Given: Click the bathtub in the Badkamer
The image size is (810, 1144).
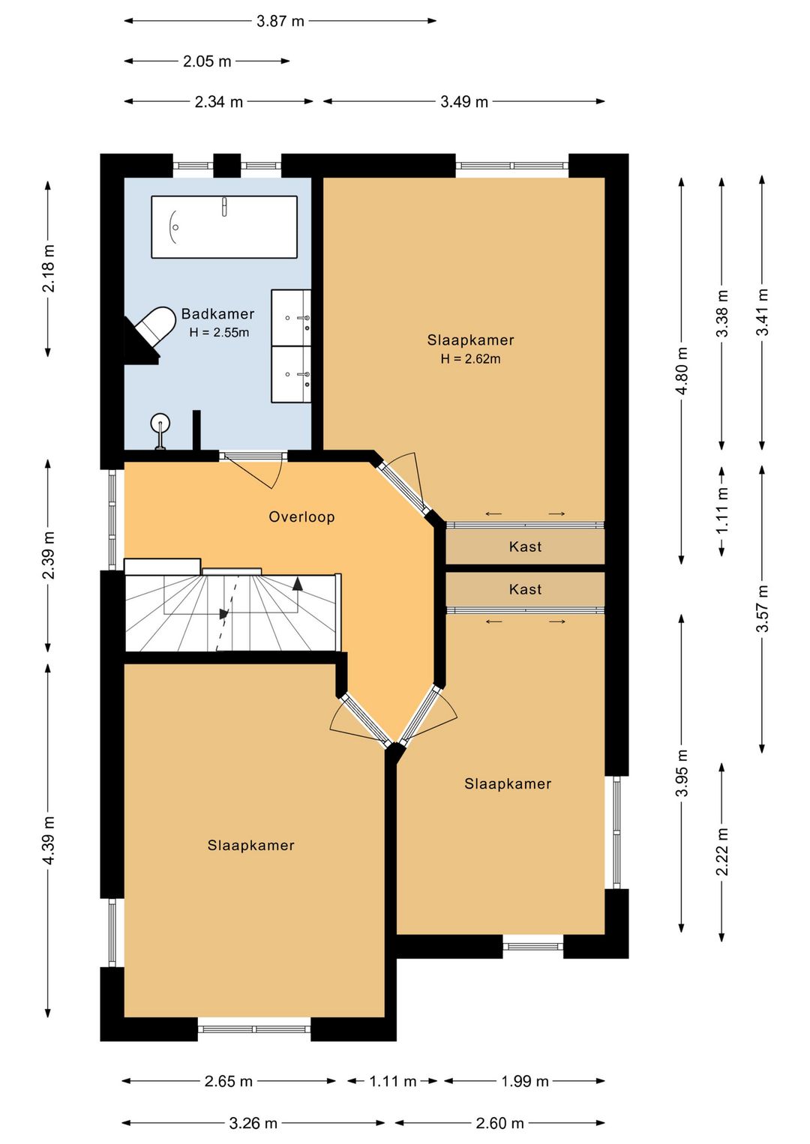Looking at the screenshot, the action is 223,226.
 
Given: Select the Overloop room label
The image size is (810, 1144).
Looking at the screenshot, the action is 302,517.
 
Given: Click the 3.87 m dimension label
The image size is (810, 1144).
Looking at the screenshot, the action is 280,21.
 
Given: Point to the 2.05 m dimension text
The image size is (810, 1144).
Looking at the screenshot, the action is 207,61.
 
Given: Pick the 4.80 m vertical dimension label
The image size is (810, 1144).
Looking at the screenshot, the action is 681,371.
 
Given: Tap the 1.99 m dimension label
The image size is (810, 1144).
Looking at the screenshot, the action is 524,1081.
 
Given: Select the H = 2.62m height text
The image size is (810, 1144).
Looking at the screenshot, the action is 471,359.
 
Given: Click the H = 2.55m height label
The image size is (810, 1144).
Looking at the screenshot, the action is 219,332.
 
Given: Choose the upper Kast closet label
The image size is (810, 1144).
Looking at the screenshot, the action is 525,547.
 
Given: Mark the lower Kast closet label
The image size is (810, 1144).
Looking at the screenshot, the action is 525,589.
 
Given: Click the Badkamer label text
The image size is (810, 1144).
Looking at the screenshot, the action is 217,313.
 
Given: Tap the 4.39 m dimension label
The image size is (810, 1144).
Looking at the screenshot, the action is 49,840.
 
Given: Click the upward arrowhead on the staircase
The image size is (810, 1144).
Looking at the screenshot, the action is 298,584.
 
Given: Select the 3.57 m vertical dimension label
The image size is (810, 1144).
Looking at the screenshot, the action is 762,608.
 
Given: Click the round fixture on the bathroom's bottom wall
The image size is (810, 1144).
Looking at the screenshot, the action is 160,424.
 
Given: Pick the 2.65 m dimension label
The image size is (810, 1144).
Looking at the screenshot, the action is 229,1081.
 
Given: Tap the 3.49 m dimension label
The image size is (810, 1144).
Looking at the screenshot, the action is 464,102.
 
